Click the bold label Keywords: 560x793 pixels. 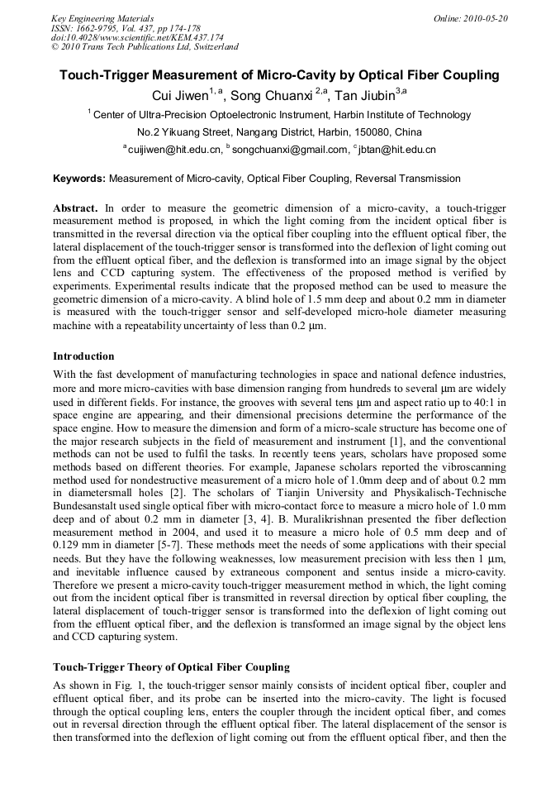[79, 179]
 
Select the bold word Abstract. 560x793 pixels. [75, 208]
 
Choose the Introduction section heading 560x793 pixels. [83, 356]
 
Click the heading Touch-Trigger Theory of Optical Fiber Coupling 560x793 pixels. [171, 666]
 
